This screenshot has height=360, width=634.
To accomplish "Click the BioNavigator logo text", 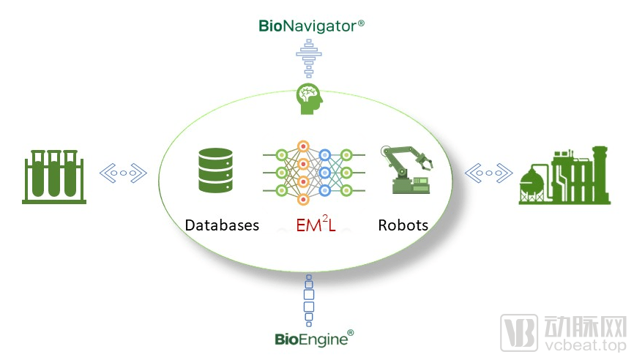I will click(x=307, y=26).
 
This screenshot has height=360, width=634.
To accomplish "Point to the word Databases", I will click(x=222, y=225).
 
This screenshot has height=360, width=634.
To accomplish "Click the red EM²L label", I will click(x=316, y=225).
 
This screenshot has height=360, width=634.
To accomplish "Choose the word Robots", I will click(x=403, y=225).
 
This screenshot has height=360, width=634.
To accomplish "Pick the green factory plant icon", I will click(x=564, y=174).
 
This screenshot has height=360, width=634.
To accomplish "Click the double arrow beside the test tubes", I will click(x=123, y=173).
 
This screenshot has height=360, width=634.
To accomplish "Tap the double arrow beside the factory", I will click(x=488, y=173).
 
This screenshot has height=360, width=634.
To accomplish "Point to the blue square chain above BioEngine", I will click(x=308, y=300).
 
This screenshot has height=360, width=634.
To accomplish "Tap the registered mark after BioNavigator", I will click(x=360, y=23).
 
